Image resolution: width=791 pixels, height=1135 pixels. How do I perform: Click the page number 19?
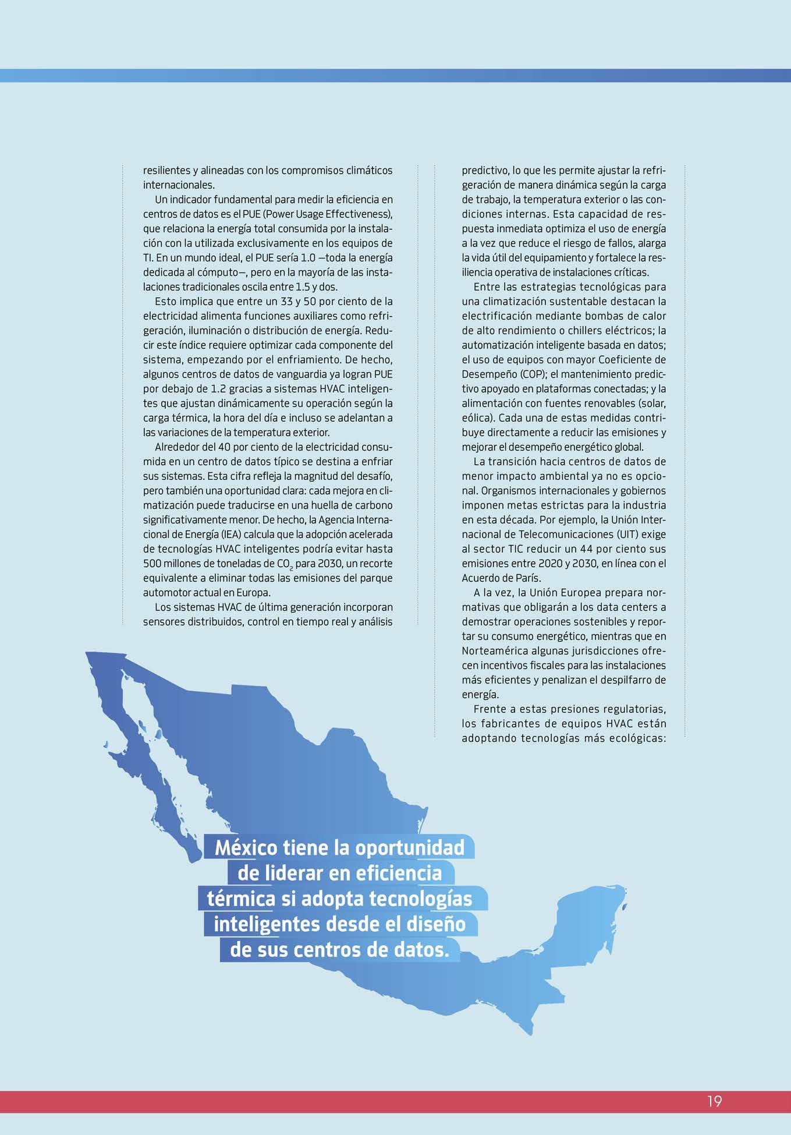click(715, 1101)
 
